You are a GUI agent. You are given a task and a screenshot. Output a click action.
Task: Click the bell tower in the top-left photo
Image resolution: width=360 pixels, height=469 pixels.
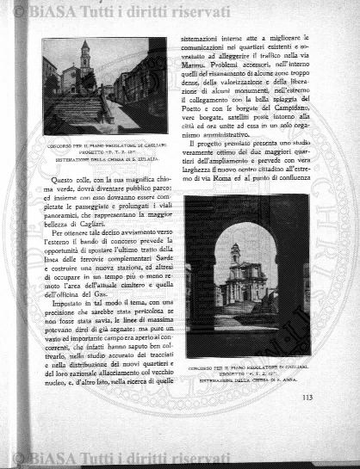[x=84, y=58]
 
